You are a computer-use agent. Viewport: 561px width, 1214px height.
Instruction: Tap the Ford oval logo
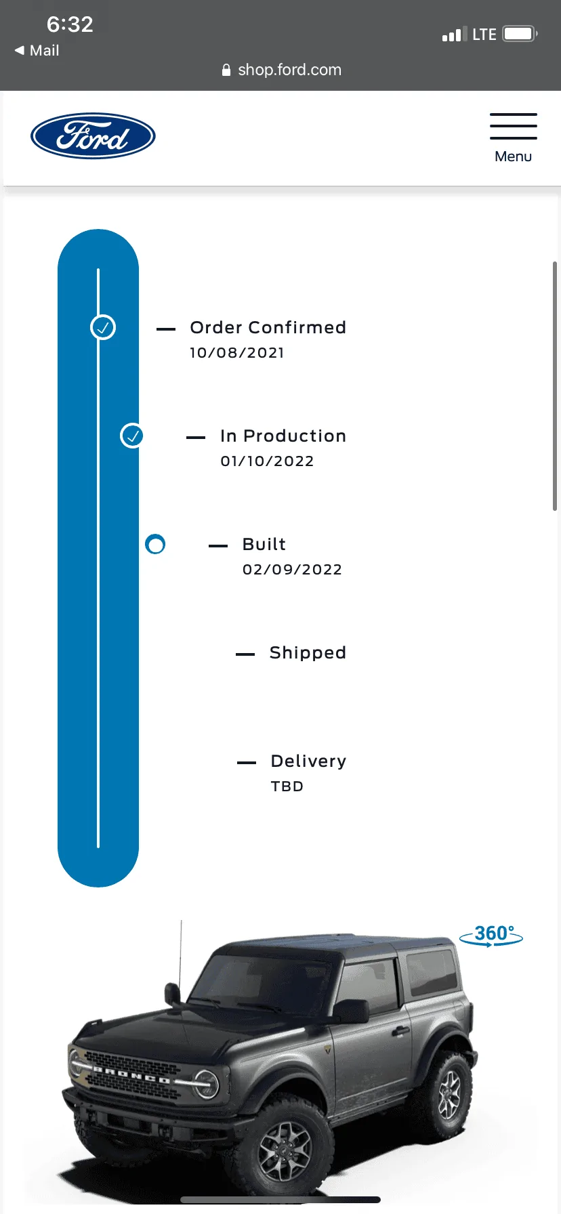(93, 135)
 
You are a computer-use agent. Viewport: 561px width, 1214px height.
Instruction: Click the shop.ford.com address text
(289, 70)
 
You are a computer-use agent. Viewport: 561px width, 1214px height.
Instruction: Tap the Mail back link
(37, 51)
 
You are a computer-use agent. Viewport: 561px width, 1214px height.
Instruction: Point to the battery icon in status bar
(520, 33)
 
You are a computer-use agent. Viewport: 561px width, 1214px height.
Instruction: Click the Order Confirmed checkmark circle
(103, 328)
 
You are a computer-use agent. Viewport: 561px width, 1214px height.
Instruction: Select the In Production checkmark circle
(133, 436)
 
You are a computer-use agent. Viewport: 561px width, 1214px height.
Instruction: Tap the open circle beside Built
(155, 544)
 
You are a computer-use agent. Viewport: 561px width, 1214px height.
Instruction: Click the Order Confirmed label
(268, 328)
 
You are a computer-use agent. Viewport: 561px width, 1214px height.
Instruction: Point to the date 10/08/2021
(237, 353)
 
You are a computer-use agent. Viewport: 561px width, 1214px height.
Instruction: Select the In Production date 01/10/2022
(267, 461)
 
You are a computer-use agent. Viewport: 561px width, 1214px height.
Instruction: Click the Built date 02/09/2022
(292, 570)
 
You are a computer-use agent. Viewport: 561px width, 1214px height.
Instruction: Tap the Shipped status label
(308, 653)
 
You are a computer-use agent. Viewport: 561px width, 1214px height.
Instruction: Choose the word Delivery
(308, 761)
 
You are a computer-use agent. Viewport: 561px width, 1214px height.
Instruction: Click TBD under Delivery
(287, 787)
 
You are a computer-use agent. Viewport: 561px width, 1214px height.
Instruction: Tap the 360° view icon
(491, 935)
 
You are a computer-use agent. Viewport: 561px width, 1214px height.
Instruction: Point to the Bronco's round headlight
(207, 1082)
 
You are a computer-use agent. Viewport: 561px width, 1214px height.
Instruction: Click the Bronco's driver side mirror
(352, 1011)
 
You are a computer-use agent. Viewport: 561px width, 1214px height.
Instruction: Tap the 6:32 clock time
(70, 24)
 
